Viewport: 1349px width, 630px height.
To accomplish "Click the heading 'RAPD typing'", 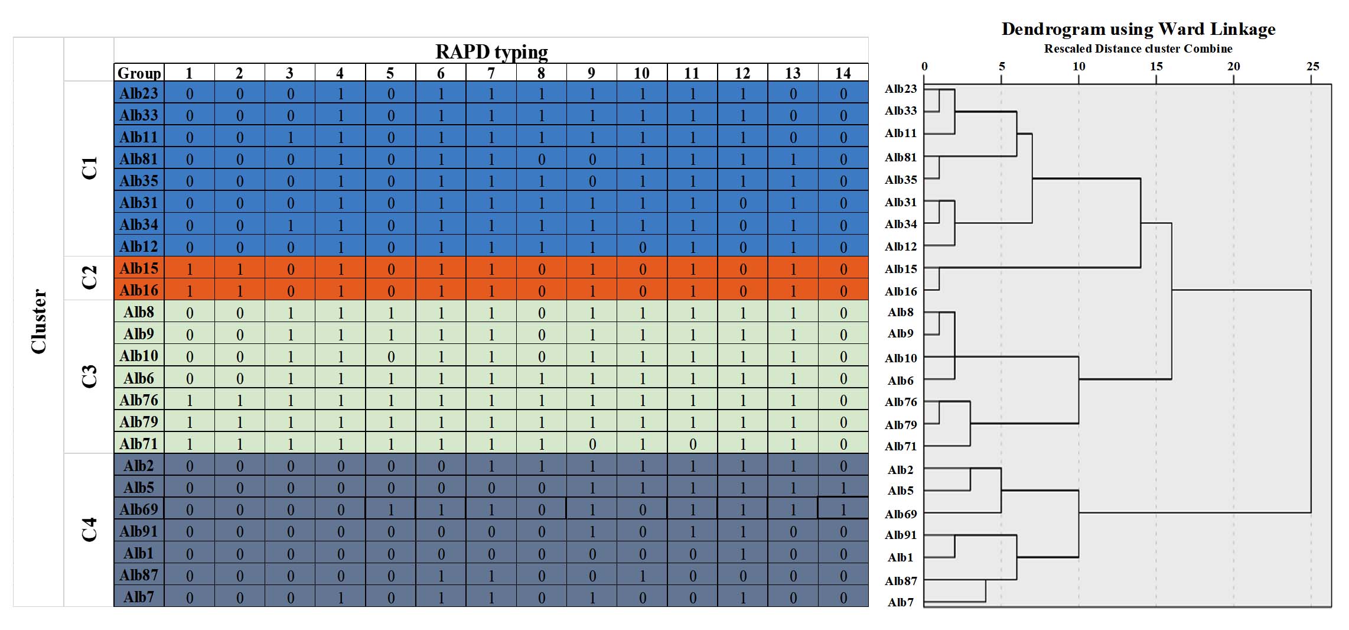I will coord(491,51).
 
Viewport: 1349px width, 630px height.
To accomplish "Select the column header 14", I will coord(843,73).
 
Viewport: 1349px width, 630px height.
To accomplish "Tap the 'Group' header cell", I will coord(139,73).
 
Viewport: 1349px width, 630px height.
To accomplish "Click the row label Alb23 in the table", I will coord(139,93).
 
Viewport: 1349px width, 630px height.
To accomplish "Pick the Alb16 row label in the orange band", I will coord(139,290).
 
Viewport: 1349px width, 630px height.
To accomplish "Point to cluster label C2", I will coord(89,277).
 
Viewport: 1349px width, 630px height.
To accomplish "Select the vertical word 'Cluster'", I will coord(39,322).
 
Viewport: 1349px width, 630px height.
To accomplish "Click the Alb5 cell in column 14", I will coord(843,488).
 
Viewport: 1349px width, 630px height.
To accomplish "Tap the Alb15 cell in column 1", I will coord(190,269).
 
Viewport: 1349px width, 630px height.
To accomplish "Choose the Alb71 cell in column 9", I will coord(592,444).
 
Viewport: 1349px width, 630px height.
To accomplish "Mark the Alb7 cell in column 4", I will coord(340,597).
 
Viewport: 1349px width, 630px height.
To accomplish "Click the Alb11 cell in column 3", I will coord(290,137).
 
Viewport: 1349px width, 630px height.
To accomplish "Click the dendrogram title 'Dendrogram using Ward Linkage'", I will coord(1138,29).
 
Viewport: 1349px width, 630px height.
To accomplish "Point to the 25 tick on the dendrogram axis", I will coord(1312,66).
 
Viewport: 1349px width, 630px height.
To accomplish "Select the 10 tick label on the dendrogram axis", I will coord(1078,66).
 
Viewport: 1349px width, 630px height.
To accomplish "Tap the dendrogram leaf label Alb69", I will coord(901,514).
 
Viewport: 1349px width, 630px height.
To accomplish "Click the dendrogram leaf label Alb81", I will coord(901,157).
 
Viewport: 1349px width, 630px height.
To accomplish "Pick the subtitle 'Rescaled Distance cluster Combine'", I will coord(1138,48).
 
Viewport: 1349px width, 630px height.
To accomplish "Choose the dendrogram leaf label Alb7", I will coord(901,602).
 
